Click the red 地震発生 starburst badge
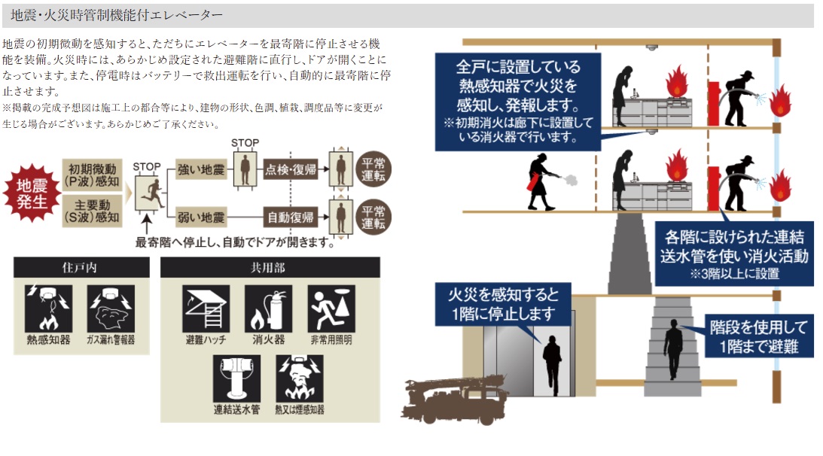coord(32,193)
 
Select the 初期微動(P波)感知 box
coord(93,175)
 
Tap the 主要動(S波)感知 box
coord(93,211)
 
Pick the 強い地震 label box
coord(201,169)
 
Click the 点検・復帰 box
coord(290,169)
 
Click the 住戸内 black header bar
coord(81,267)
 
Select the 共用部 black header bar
coord(270,267)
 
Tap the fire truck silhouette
coord(453,398)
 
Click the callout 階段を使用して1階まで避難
coord(759,336)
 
